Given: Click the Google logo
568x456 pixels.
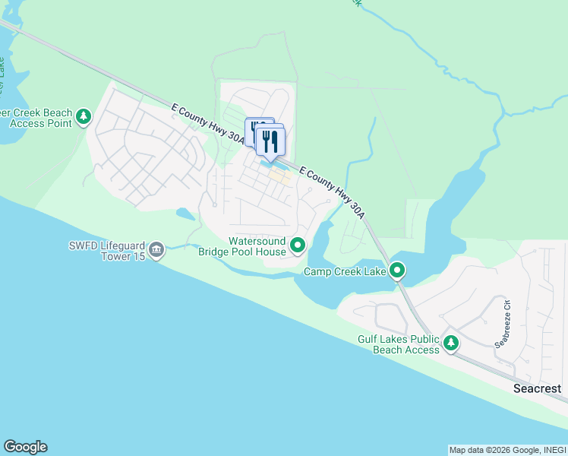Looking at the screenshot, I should tap(25, 447).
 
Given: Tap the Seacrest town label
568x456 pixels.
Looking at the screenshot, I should tap(537, 388).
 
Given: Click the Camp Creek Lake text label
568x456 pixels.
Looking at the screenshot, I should tap(346, 271).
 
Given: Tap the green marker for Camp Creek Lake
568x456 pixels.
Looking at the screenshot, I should tap(397, 270).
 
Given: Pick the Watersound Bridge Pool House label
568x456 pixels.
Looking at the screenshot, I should tap(242, 246).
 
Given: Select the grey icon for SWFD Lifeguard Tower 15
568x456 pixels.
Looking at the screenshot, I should tap(156, 250).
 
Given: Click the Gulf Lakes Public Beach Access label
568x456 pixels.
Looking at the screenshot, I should tap(399, 344).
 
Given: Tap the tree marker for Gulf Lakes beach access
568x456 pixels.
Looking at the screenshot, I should tap(451, 344).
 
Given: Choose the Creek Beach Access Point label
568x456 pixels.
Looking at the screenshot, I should tap(35, 119).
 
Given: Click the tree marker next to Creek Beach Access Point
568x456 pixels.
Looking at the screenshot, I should tap(84, 118).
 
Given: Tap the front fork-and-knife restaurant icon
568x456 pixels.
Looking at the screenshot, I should tap(270, 141).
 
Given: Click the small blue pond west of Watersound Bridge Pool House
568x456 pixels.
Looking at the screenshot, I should tap(185, 214).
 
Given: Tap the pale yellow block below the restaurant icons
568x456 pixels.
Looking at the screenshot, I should tap(281, 178).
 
